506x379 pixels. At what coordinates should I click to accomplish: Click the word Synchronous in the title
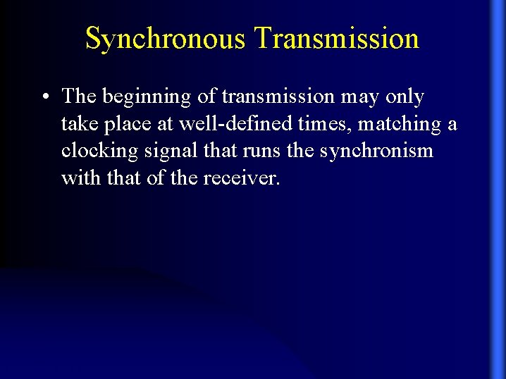(166, 39)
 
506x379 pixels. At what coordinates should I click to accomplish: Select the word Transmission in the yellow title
(337, 38)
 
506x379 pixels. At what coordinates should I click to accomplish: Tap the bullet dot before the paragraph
(45, 97)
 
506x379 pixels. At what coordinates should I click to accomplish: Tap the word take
(78, 124)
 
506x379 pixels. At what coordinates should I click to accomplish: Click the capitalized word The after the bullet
(80, 97)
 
